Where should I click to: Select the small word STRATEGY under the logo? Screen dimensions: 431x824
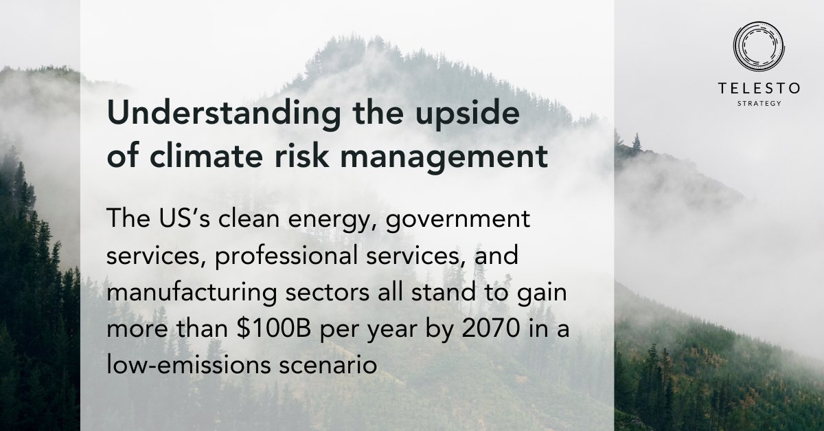click(759, 104)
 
